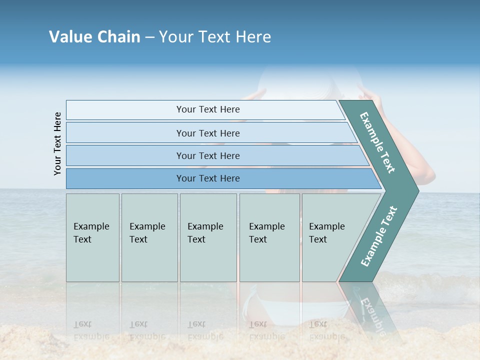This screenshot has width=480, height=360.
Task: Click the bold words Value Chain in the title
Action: pos(94,37)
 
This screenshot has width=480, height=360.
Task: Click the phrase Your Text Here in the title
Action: pos(215,37)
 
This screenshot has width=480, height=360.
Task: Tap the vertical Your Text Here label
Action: pos(57,143)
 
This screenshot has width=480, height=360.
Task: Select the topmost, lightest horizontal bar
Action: pos(205,109)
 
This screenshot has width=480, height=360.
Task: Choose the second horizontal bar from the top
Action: pos(208,133)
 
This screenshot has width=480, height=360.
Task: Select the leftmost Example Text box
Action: pos(92,237)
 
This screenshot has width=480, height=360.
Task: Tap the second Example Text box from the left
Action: pos(149,237)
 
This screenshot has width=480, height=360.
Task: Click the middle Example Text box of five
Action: pos(208,237)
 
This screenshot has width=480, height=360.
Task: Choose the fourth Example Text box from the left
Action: pos(269,237)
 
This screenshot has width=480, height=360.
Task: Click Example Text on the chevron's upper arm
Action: pos(377,142)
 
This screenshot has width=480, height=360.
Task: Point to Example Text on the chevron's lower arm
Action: pos(378,236)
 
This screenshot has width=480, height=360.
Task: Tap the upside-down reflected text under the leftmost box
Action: pos(91,330)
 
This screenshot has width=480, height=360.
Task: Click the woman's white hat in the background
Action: pos(310,82)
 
